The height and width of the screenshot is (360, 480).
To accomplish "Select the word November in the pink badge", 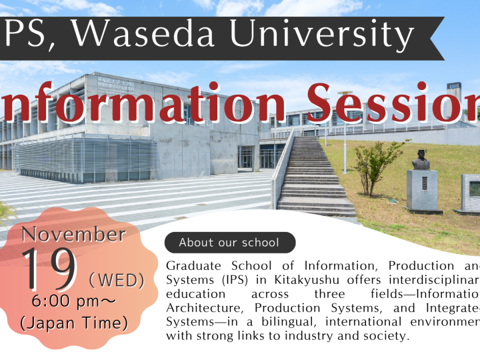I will point(73,234).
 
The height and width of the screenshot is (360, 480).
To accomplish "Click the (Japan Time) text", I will point(74,323).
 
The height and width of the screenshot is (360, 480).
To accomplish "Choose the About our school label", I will point(229,243).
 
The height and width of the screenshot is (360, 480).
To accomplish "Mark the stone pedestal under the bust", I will point(422,190).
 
